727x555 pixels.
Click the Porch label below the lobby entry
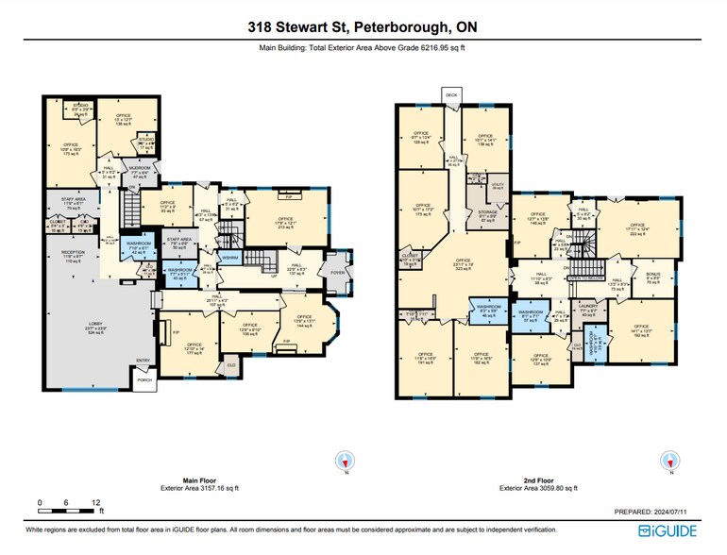[x=144, y=380]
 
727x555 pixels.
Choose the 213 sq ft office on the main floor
[x=285, y=223]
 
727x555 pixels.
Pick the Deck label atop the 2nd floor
[x=451, y=96]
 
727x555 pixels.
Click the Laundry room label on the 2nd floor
[x=588, y=311]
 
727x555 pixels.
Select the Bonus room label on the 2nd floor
[x=652, y=278]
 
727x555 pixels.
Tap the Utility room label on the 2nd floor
[x=499, y=186]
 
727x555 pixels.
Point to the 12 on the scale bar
[x=96, y=502]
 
